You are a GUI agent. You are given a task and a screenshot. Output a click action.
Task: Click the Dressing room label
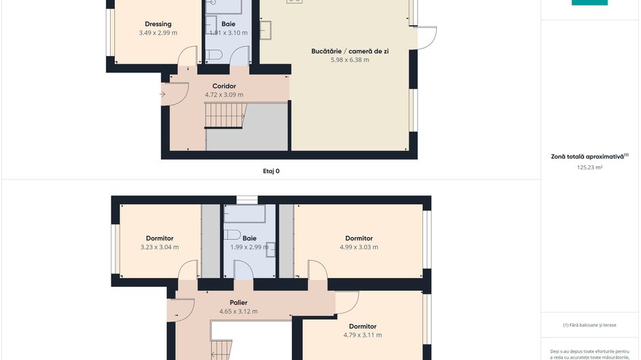tap(158, 24)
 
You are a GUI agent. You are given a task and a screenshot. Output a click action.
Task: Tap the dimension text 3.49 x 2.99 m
tap(158, 33)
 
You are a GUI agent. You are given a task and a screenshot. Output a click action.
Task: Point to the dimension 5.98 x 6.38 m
tap(349, 60)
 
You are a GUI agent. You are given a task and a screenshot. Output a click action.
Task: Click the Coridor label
tap(224, 86)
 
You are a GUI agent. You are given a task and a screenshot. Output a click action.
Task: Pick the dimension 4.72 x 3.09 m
tap(224, 95)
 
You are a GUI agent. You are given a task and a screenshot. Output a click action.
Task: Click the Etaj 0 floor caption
tap(271, 171)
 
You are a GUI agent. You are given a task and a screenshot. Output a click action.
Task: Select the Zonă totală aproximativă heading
tap(588, 156)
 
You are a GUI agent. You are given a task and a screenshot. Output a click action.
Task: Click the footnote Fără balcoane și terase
tap(589, 325)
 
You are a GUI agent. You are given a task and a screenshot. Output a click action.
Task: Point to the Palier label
tap(238, 303)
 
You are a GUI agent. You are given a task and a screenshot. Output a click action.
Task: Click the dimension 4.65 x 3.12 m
tap(238, 311)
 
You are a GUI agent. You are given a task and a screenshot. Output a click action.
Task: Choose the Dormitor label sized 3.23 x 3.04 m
tap(159, 238)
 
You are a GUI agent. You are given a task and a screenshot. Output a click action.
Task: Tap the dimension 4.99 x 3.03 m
tap(359, 247)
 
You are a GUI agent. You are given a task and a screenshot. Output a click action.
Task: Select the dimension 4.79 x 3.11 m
tap(362, 335)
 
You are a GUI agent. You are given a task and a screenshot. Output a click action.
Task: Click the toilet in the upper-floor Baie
tap(232, 234)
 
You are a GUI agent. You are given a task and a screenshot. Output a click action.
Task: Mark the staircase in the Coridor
tap(225, 115)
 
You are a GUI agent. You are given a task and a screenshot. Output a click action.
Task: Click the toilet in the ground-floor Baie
tap(212, 55)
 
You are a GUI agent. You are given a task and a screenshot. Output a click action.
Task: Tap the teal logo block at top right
tap(589, 3)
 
